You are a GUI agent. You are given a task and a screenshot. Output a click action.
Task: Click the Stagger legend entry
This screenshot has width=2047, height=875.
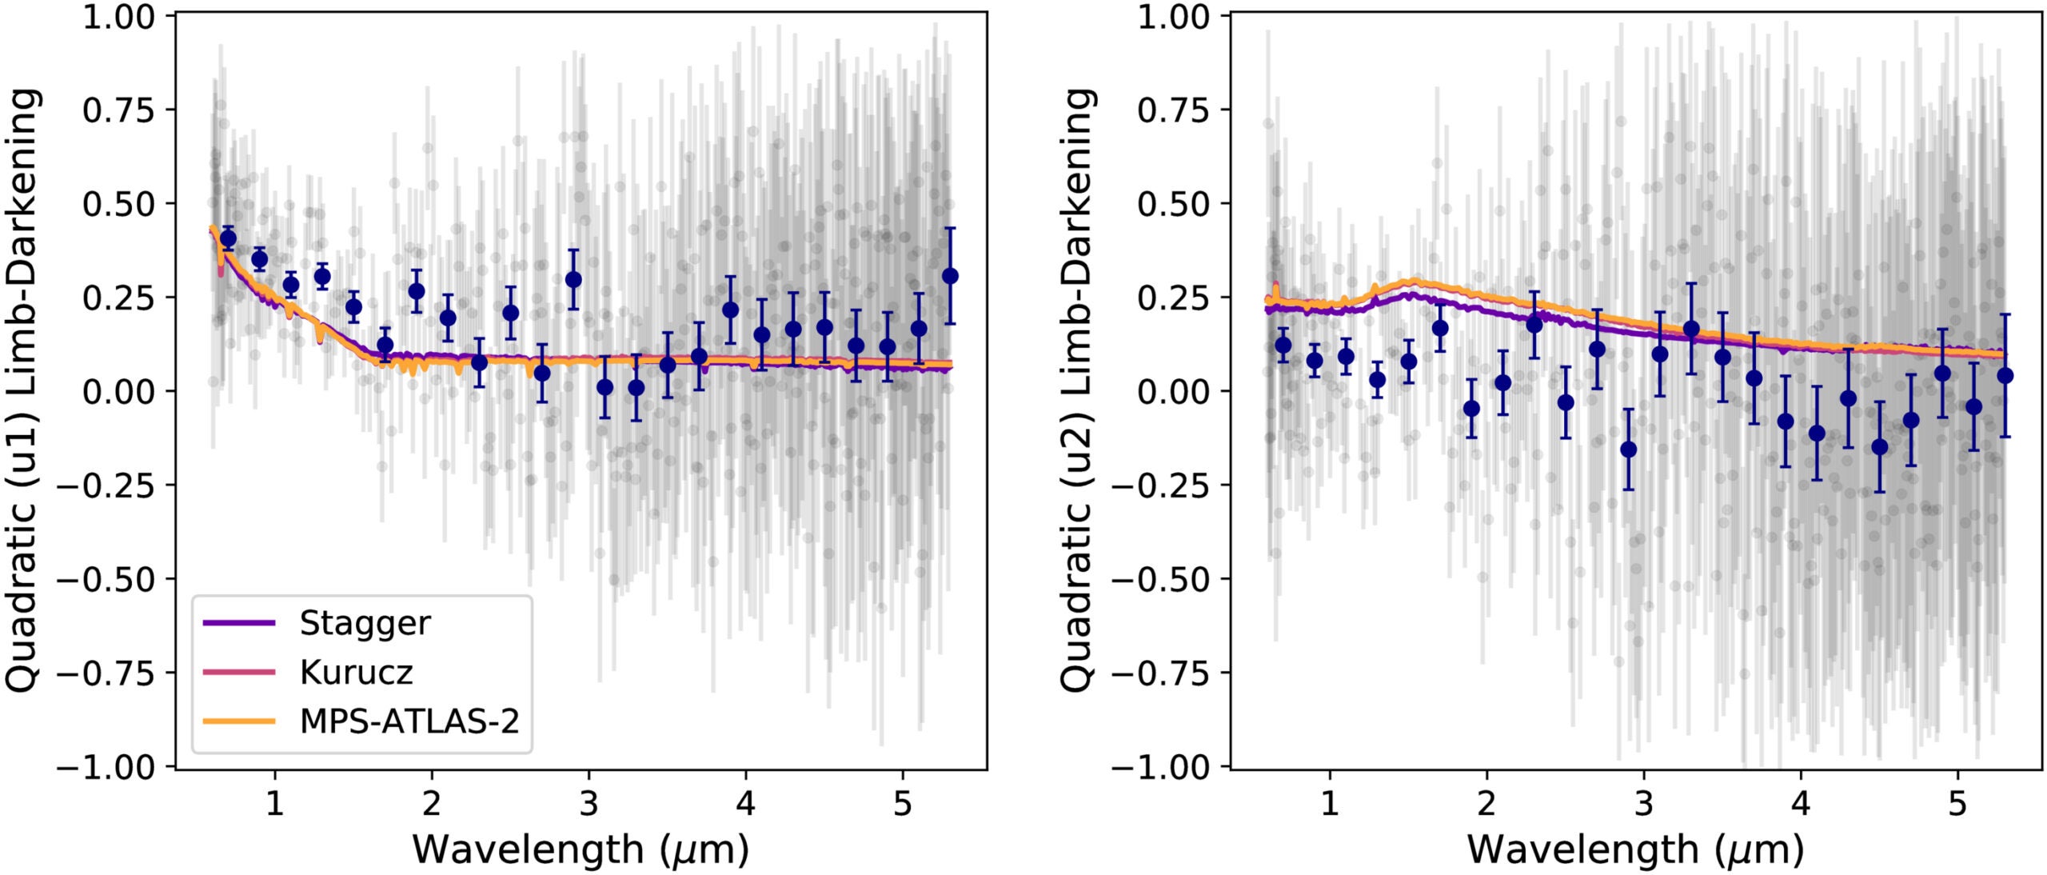(365, 623)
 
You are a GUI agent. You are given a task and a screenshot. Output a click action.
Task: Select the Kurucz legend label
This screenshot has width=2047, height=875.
(356, 673)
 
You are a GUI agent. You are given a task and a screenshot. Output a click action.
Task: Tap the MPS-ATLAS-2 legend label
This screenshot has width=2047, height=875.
(409, 721)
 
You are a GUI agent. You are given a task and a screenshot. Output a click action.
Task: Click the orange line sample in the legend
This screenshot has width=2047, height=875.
(239, 721)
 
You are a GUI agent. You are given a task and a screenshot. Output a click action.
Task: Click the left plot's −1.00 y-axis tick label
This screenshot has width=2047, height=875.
(107, 767)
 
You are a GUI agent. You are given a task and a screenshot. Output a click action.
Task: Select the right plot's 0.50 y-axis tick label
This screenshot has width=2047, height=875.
(1173, 204)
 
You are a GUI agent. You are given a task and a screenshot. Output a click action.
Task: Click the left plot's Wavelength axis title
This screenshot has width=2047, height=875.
(581, 849)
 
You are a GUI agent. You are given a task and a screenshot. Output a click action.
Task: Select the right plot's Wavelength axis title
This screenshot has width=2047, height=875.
(1636, 849)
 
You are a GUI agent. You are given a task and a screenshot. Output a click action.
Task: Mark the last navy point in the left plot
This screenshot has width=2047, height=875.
(950, 276)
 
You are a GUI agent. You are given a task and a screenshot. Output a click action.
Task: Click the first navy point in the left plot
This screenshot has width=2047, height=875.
(228, 238)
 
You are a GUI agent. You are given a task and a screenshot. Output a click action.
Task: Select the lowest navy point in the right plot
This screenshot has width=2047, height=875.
(1628, 449)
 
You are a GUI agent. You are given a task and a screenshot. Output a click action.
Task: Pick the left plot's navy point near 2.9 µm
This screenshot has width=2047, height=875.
(573, 279)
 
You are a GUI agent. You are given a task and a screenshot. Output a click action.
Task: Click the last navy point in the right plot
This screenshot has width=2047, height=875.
(2005, 375)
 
